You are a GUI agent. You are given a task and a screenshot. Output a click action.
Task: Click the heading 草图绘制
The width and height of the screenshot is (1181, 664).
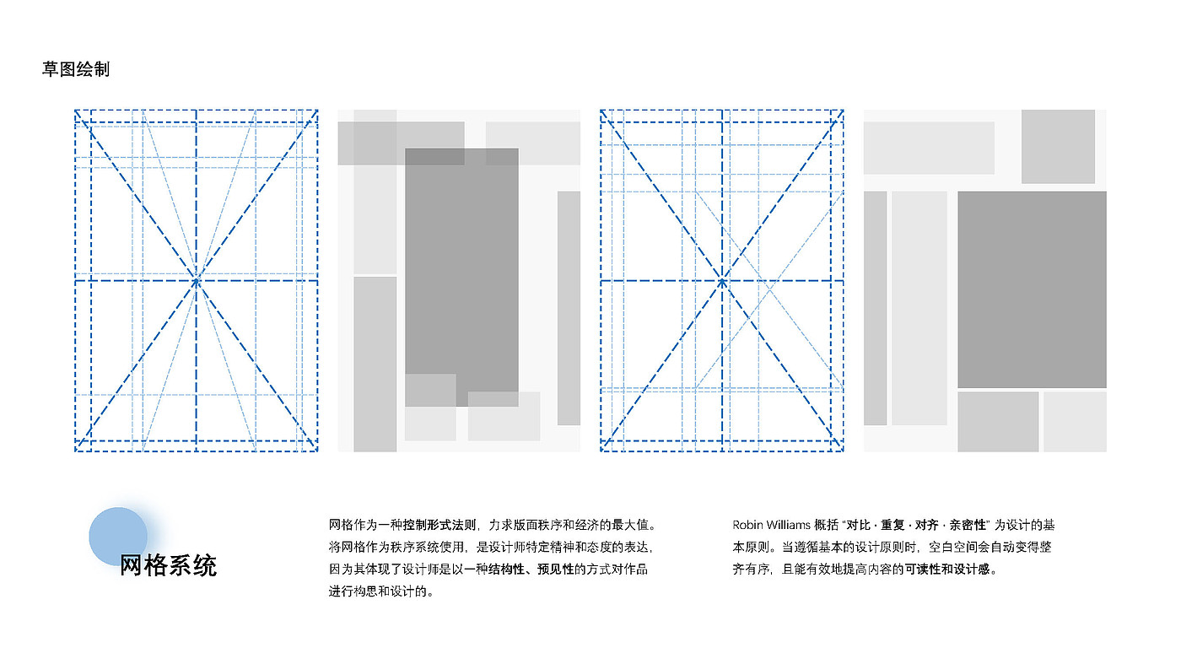(76, 69)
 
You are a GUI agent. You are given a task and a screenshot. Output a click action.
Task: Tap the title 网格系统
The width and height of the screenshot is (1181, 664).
(168, 565)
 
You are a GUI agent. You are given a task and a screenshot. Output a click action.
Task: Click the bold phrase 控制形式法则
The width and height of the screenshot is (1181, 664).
(440, 525)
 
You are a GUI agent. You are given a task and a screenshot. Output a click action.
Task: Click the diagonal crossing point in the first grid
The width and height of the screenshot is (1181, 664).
(197, 280)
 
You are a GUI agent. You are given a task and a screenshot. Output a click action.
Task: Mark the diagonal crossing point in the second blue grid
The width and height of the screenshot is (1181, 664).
(722, 280)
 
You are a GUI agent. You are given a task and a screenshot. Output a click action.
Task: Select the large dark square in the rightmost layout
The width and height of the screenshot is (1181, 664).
(1032, 289)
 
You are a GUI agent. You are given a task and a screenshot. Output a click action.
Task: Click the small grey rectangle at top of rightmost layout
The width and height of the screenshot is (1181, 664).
(1058, 146)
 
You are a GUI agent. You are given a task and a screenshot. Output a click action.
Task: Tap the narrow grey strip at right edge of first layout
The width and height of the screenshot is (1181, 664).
(569, 308)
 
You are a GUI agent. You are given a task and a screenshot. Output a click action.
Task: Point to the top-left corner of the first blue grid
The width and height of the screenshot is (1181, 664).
(76, 111)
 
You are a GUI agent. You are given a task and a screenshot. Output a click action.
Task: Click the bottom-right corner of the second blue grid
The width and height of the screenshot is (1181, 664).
(843, 451)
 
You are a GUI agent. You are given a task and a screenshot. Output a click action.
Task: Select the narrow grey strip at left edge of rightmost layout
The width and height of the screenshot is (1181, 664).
(875, 308)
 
